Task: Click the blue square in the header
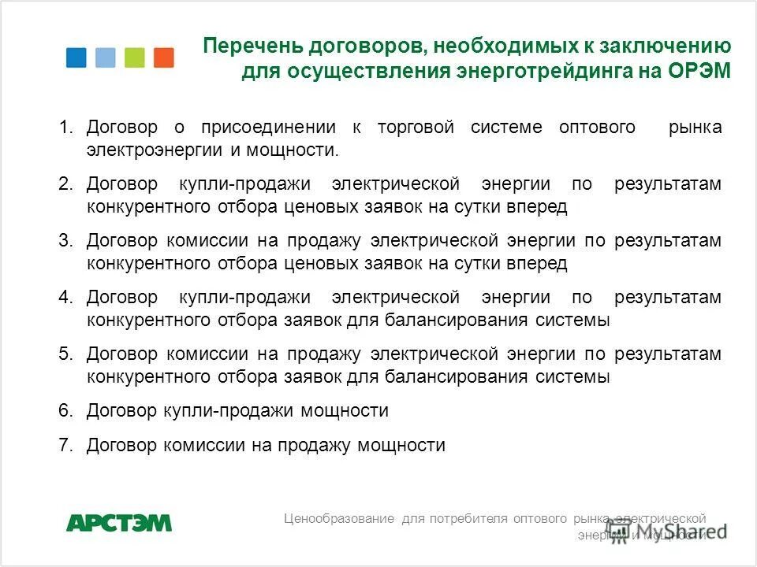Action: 76,57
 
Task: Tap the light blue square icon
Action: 105,57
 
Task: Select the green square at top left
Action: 135,57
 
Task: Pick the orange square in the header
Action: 164,57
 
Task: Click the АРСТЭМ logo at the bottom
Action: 118,522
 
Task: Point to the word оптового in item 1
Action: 597,128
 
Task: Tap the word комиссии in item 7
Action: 207,446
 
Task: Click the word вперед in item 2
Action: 539,207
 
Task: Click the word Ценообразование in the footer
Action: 339,518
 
